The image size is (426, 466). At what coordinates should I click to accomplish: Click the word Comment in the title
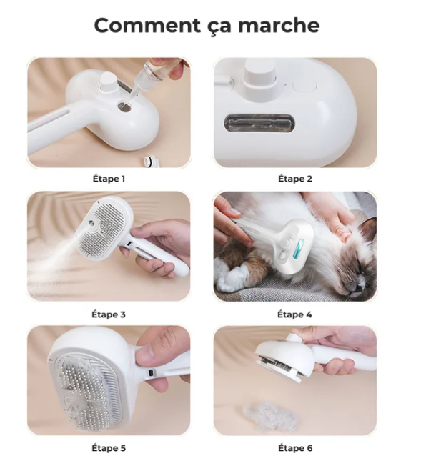pyautogui.click(x=148, y=25)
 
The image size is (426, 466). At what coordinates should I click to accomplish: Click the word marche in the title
pyautogui.click(x=279, y=25)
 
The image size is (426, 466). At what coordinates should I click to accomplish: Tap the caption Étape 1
pyautogui.click(x=109, y=179)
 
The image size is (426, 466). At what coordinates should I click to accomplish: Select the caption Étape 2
pyautogui.click(x=295, y=179)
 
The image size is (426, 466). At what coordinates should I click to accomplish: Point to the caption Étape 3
pyautogui.click(x=109, y=314)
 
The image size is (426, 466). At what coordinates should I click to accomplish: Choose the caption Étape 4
pyautogui.click(x=294, y=314)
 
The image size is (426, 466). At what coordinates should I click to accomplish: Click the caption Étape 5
pyautogui.click(x=109, y=448)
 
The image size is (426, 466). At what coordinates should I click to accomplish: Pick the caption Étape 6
pyautogui.click(x=295, y=448)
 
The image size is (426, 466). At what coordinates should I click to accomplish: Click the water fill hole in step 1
pyautogui.click(x=124, y=106)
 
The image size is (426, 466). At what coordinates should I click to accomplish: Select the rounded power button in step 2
pyautogui.click(x=304, y=85)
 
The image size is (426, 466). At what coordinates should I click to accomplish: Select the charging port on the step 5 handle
pyautogui.click(x=152, y=372)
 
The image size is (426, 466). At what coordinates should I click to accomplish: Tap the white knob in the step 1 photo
pyautogui.click(x=107, y=81)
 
